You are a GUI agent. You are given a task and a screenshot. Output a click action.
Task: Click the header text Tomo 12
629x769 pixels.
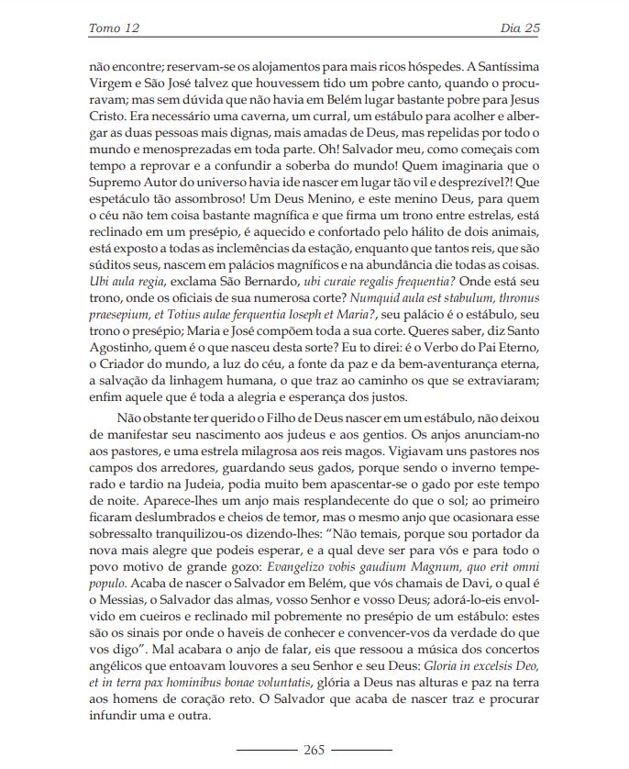[113, 28]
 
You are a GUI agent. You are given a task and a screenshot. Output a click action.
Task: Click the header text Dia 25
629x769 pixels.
[520, 28]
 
